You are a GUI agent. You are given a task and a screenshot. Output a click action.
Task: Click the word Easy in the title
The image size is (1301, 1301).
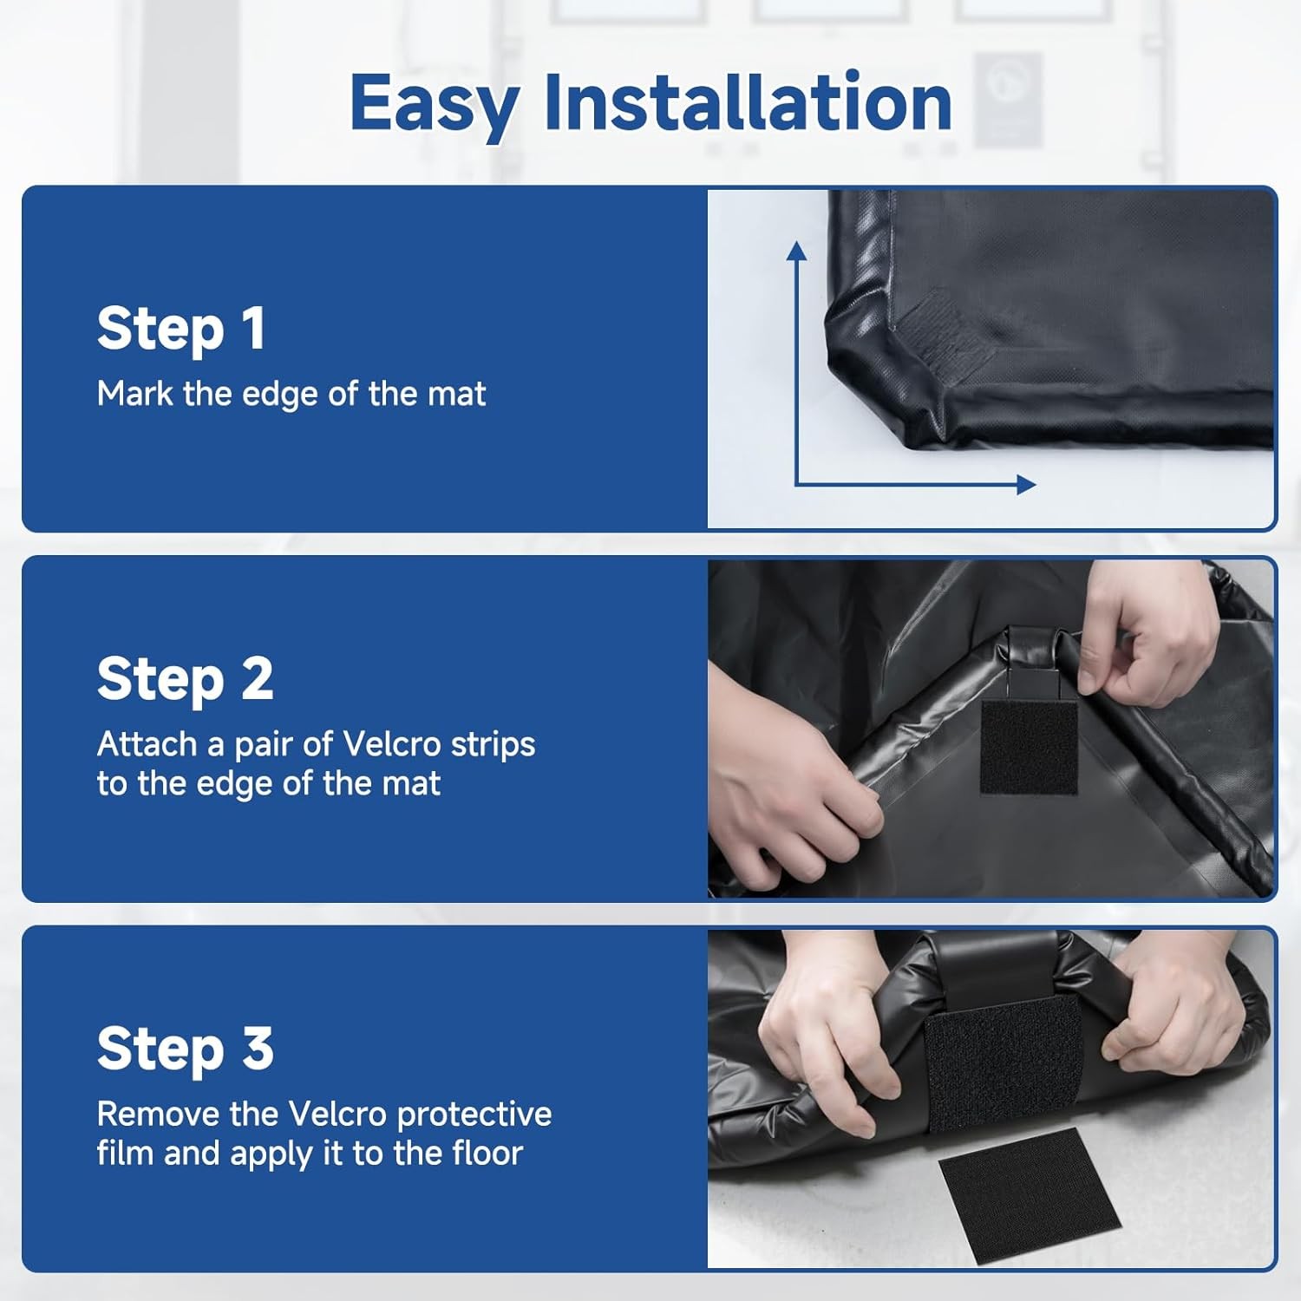pyautogui.click(x=434, y=104)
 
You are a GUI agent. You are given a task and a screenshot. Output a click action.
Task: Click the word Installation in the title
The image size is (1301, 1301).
pyautogui.click(x=748, y=102)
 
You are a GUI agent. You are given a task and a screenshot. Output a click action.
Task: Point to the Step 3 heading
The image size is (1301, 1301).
pyautogui.click(x=185, y=1049)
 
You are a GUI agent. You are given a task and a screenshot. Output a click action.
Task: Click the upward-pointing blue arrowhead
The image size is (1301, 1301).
pyautogui.click(x=796, y=251)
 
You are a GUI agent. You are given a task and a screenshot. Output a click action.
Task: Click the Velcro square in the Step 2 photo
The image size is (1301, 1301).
pyautogui.click(x=1029, y=746)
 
